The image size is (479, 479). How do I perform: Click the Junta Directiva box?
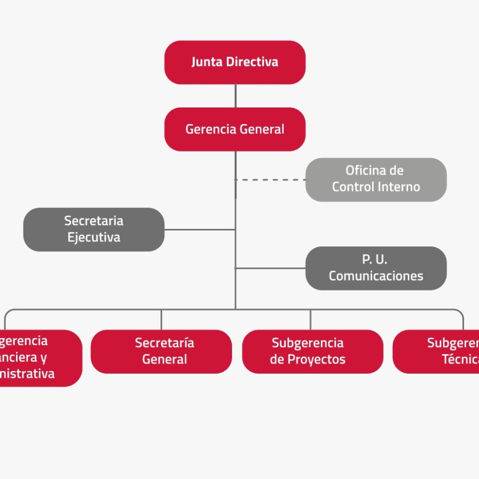(235, 62)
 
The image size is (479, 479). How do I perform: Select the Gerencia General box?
(235, 129)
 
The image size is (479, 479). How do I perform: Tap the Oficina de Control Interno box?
(376, 179)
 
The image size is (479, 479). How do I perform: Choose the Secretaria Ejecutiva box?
(94, 229)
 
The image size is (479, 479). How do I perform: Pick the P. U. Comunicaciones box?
(376, 268)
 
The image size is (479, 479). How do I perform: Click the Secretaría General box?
(161, 351)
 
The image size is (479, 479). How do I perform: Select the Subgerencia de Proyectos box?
(312, 351)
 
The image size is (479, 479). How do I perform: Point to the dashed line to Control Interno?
(271, 180)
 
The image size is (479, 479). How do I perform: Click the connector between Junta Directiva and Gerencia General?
(235, 96)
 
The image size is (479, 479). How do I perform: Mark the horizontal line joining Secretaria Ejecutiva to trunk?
(200, 229)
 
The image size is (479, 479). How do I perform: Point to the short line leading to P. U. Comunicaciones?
(270, 268)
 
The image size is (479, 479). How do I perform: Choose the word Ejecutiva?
(94, 237)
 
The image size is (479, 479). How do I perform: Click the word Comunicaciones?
(376, 276)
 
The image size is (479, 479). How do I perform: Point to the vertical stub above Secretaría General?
(161, 319)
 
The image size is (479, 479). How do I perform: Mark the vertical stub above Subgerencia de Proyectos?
(311, 319)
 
